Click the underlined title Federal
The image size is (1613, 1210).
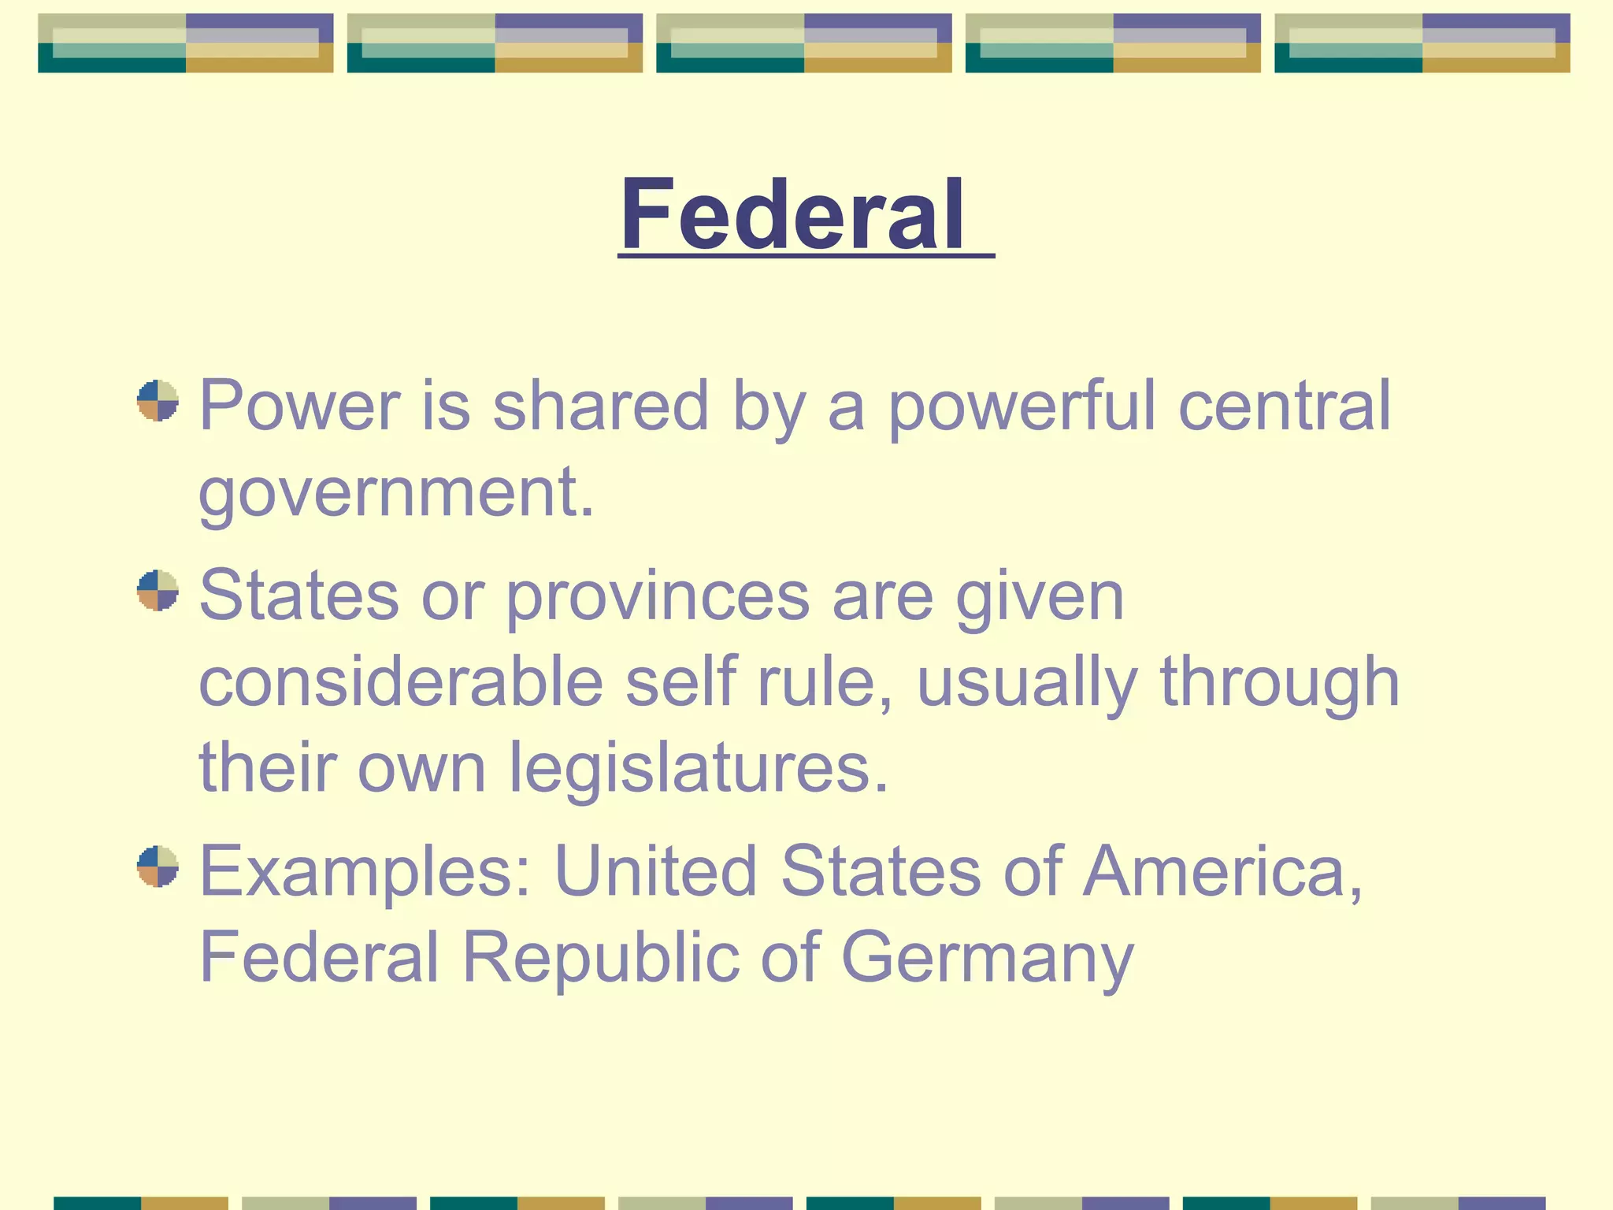pyautogui.click(x=792, y=214)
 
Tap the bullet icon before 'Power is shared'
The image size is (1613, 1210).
pyautogui.click(x=158, y=401)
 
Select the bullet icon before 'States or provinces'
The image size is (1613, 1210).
pyautogui.click(x=158, y=590)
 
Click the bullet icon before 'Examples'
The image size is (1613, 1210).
pyautogui.click(x=158, y=867)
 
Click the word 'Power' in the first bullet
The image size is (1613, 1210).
pyautogui.click(x=299, y=406)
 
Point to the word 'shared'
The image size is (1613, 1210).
pyautogui.click(x=600, y=406)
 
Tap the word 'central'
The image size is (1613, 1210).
pyautogui.click(x=1285, y=406)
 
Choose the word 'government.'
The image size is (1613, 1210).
pyautogui.click(x=396, y=493)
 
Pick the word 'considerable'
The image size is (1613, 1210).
pyautogui.click(x=401, y=682)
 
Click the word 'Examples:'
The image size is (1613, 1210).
pyautogui.click(x=365, y=873)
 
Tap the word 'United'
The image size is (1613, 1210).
pyautogui.click(x=655, y=871)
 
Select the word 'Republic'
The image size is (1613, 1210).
pyautogui.click(x=600, y=958)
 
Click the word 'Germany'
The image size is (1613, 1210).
pyautogui.click(x=988, y=959)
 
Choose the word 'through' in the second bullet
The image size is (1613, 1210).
pyautogui.click(x=1280, y=682)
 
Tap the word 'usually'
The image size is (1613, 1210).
pyautogui.click(x=1027, y=682)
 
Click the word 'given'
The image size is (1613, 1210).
pyautogui.click(x=1040, y=596)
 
